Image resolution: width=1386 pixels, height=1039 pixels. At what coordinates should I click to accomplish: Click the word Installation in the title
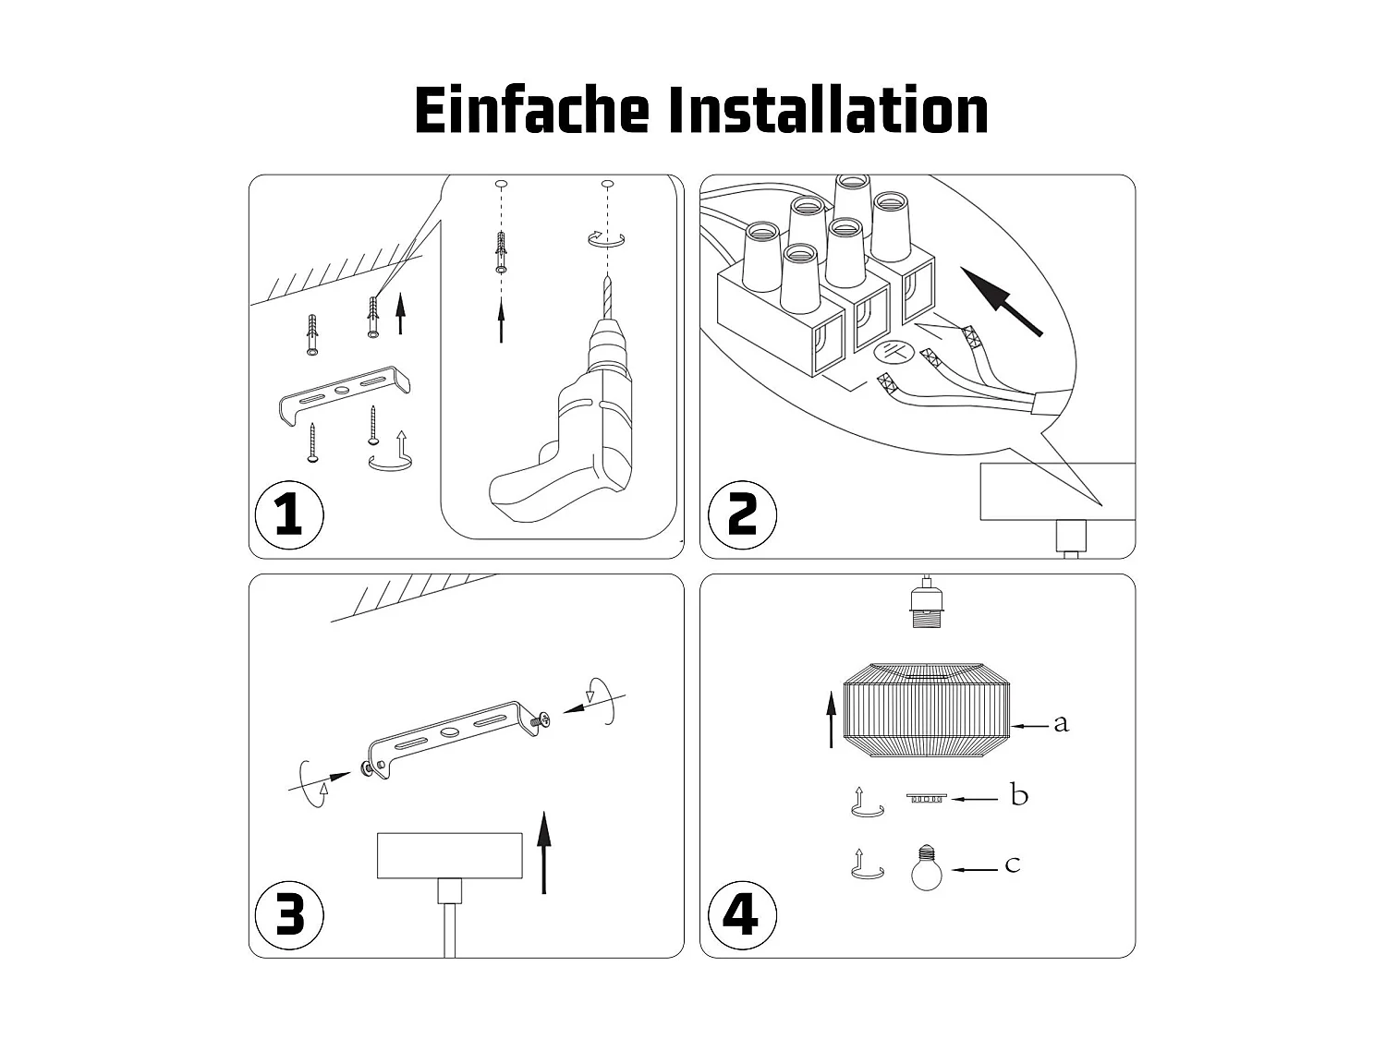827,111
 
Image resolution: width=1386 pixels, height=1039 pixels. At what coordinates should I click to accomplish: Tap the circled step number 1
288,514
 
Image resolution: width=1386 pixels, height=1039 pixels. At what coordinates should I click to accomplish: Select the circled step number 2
741,514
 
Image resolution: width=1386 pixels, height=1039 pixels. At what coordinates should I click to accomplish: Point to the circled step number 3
288,915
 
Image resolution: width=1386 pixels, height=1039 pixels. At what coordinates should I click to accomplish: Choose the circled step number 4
741,915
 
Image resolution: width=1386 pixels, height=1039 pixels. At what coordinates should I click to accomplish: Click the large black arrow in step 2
1002,301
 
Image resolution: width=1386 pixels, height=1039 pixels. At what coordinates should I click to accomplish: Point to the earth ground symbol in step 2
894,352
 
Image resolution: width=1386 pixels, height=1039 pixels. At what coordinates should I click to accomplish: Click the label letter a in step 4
1061,723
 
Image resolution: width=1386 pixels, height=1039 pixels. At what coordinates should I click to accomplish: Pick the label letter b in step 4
1019,795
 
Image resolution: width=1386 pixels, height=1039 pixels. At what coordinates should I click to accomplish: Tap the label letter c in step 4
1013,865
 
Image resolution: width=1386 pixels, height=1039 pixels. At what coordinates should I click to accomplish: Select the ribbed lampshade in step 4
927,708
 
